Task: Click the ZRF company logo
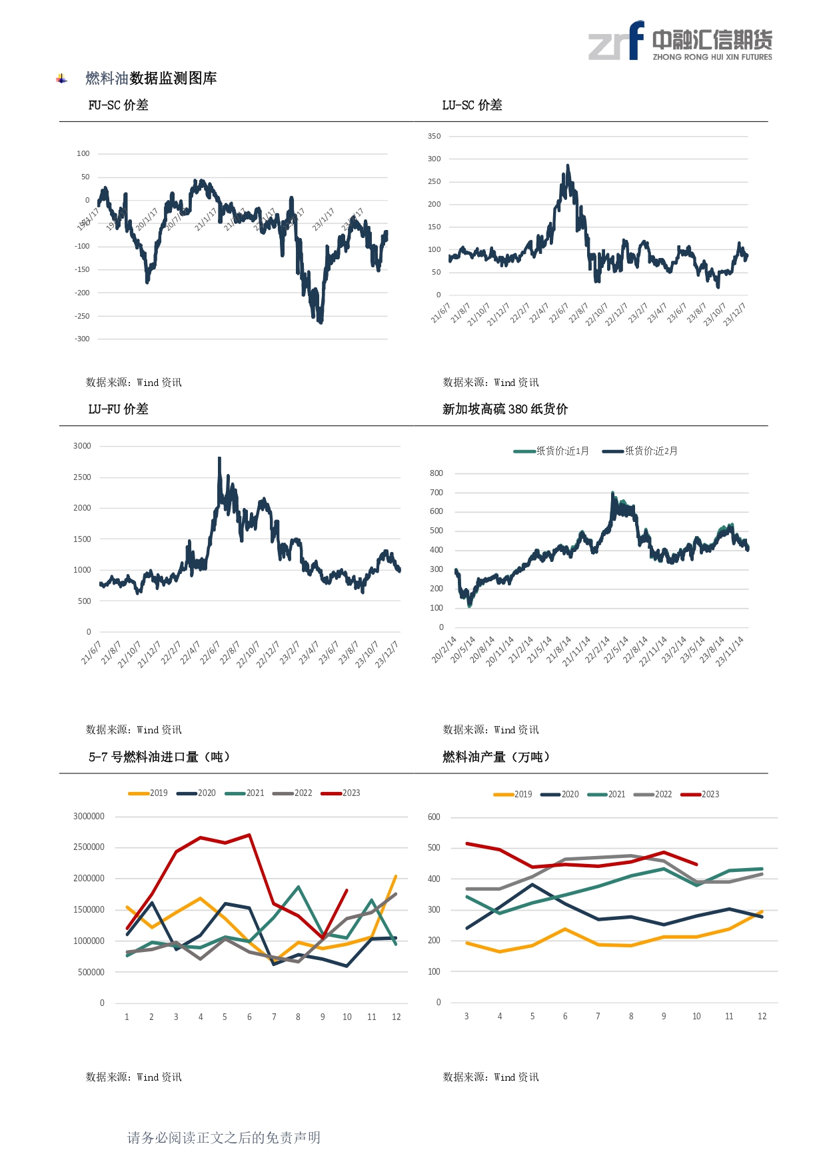pyautogui.click(x=680, y=41)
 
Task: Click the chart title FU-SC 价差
pyautogui.click(x=118, y=105)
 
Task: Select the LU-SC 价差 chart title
pyautogui.click(x=472, y=105)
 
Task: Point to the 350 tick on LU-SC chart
pyautogui.click(x=434, y=136)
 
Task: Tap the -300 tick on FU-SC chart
pyautogui.click(x=82, y=339)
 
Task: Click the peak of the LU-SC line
pyautogui.click(x=568, y=165)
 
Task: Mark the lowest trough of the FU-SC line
pyautogui.click(x=321, y=323)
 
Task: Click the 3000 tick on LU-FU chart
pyautogui.click(x=82, y=446)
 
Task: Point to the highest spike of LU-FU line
pyautogui.click(x=219, y=458)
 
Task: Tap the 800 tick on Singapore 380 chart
pyautogui.click(x=436, y=473)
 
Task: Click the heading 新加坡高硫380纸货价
pyautogui.click(x=504, y=409)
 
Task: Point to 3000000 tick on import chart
pyautogui.click(x=89, y=817)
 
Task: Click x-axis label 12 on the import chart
pyautogui.click(x=397, y=1017)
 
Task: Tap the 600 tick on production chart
pyautogui.click(x=434, y=817)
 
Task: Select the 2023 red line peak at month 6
pyautogui.click(x=249, y=835)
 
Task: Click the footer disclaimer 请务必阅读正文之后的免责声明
pyautogui.click(x=224, y=1138)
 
